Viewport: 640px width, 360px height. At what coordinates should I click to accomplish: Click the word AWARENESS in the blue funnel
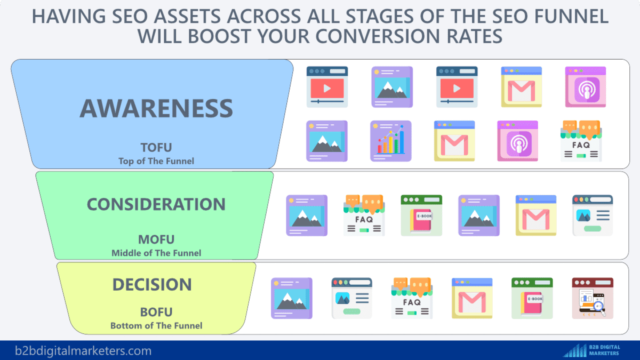[156, 108]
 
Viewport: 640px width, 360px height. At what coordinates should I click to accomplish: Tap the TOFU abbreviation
[156, 148]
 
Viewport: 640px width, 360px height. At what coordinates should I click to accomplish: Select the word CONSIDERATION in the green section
[156, 204]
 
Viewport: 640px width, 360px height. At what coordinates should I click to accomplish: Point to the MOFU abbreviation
[156, 239]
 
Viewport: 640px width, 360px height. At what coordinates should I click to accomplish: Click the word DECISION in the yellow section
[151, 285]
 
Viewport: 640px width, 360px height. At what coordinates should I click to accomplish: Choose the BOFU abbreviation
[156, 312]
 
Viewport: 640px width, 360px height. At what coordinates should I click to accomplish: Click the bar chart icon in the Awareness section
[391, 141]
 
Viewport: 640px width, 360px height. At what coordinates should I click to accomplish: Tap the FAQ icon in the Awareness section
[581, 141]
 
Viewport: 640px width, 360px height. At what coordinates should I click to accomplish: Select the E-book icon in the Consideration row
[421, 215]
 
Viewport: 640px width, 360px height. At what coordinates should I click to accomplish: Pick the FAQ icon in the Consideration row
[363, 215]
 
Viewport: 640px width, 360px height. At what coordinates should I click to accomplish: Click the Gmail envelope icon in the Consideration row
[536, 215]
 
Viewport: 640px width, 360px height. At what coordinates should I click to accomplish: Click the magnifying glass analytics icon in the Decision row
[593, 298]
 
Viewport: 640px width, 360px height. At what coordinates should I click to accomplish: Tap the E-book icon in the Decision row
[532, 298]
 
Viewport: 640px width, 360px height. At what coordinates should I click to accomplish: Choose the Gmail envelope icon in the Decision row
[472, 298]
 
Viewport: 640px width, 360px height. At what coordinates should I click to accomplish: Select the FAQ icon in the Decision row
[411, 298]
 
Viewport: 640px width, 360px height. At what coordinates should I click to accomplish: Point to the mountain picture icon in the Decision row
[291, 298]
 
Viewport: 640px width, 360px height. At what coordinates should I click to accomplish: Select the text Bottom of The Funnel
[156, 325]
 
